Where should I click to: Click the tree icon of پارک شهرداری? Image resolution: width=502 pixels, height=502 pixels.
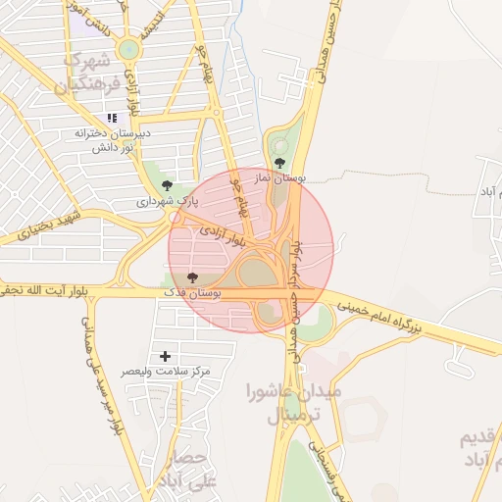pos(166,184)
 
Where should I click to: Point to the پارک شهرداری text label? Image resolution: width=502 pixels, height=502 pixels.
pos(167,202)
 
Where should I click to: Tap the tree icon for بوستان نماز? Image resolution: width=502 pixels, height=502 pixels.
pos(279,163)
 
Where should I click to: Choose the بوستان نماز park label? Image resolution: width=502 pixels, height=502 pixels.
pos(289,179)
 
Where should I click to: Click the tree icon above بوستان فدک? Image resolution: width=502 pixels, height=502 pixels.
pos(191,277)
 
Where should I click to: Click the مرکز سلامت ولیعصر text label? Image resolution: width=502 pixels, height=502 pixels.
pos(166,372)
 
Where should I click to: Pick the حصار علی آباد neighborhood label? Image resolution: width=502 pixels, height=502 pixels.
pos(185,469)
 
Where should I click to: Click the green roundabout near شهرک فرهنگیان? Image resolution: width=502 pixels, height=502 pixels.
pos(128,49)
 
